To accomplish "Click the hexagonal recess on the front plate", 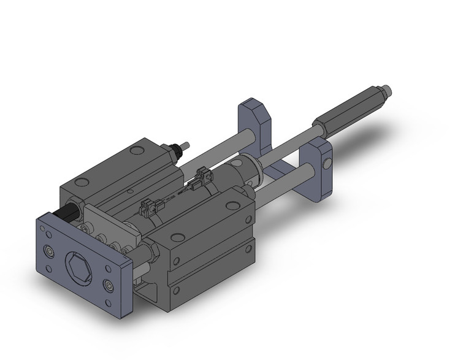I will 78,266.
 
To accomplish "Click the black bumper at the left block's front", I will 66,214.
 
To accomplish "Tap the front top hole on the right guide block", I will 177,237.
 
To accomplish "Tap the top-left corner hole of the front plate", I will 44,229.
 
